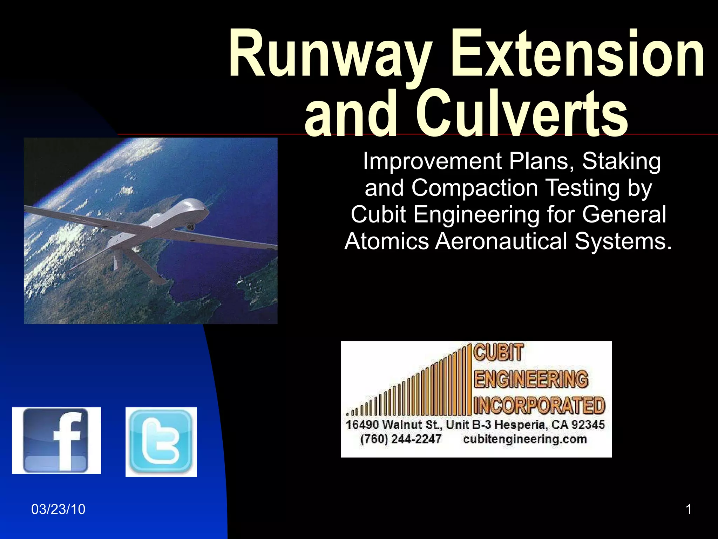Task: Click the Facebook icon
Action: (56, 440)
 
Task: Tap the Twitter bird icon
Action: (161, 442)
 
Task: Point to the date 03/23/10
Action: (58, 509)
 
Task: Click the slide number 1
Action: (689, 509)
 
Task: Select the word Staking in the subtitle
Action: (621, 161)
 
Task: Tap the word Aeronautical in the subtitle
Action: (501, 241)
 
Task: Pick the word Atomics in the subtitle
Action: (387, 241)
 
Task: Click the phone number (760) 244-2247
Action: (401, 439)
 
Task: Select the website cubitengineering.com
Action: (525, 439)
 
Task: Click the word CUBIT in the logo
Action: (499, 352)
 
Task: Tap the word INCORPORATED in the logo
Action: (539, 405)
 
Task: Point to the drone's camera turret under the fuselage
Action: (191, 226)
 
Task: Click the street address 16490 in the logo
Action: (362, 425)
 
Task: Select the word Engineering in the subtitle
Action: (477, 214)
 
